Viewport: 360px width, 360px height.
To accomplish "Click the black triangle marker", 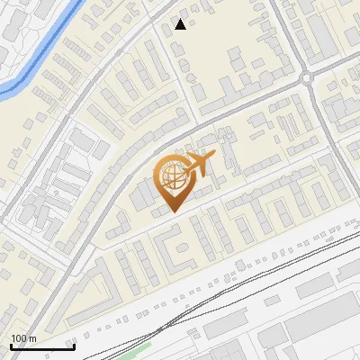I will pos(181,24).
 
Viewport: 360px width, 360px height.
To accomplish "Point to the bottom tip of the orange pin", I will pos(172,211).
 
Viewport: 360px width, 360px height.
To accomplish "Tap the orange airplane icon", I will pos(199,164).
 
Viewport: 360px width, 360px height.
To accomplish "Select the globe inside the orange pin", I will pos(171,178).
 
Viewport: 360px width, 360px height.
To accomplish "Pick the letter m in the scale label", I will pos(32,338).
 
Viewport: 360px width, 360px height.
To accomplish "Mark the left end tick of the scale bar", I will pos(11,346).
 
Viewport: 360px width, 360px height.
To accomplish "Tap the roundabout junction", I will pos(308,78).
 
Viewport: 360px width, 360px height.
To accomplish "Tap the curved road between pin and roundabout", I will pos(243,103).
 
